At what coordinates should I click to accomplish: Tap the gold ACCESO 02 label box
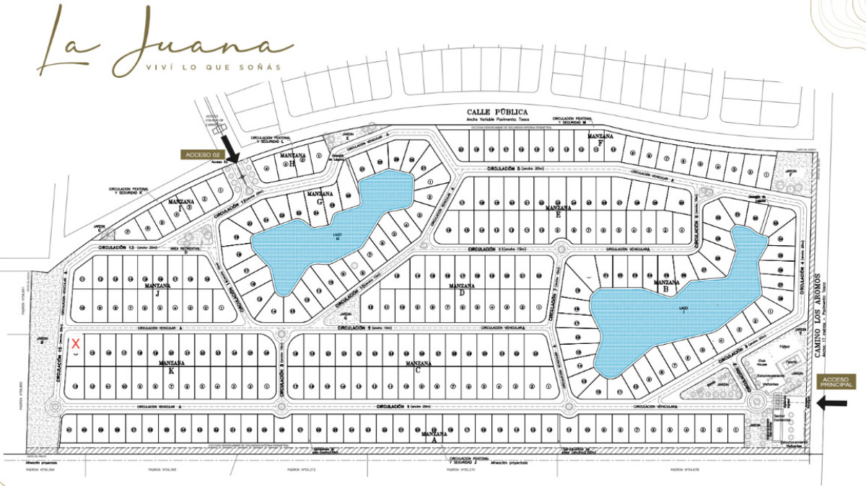click(x=200, y=155)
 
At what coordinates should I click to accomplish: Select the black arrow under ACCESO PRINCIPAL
click(x=834, y=404)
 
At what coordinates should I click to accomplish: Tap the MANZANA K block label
click(x=171, y=363)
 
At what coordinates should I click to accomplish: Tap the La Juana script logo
click(x=166, y=41)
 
